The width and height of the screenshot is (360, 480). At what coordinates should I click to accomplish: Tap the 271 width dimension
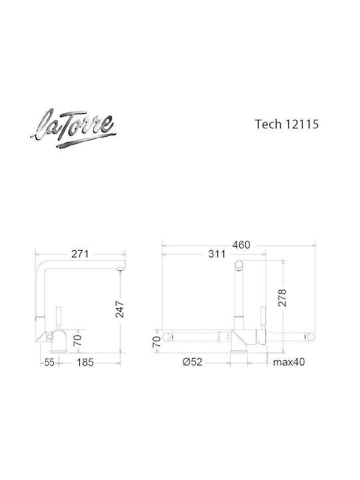pyautogui.click(x=80, y=254)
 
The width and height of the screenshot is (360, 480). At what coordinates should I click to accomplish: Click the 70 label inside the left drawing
pyautogui.click(x=77, y=339)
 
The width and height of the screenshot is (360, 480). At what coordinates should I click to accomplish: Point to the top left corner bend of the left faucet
pyautogui.click(x=42, y=265)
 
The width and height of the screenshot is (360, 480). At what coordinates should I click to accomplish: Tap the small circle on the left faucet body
pyautogui.click(x=52, y=338)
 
